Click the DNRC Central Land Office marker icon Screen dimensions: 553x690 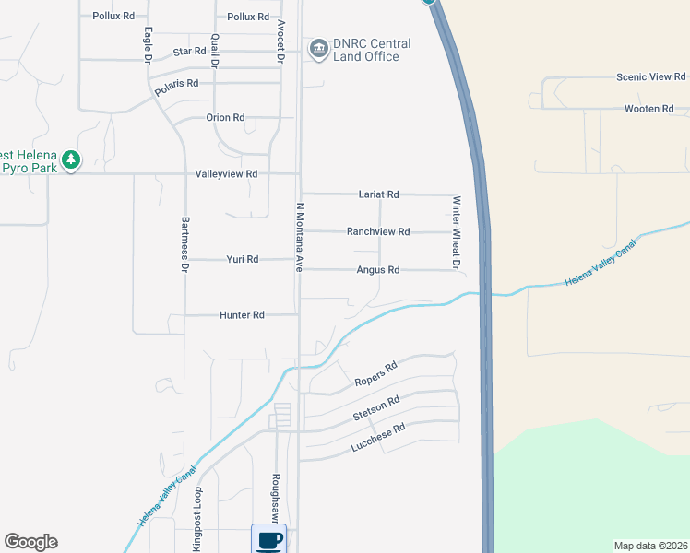tap(319, 49)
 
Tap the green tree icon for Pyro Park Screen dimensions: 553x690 tap(71, 161)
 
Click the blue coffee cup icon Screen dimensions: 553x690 tap(268, 539)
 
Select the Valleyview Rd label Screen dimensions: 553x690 tap(226, 173)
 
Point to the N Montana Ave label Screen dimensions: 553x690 tap(300, 237)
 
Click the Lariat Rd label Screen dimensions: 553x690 tap(378, 194)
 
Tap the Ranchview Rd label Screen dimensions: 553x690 tap(378, 231)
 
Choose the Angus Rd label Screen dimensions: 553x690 tap(378, 270)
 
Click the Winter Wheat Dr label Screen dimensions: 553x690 tap(456, 232)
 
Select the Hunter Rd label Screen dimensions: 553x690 tap(243, 315)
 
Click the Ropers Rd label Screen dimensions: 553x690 tap(375, 374)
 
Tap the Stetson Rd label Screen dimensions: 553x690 tap(375, 409)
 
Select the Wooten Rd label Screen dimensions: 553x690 tap(649, 109)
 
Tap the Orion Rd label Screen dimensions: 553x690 tap(225, 118)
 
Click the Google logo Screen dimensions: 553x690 tap(30, 542)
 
